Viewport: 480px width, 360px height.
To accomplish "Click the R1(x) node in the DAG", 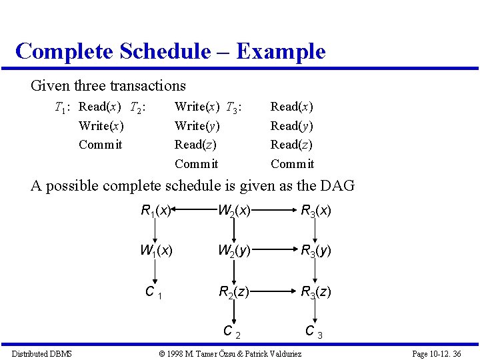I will [x=157, y=211].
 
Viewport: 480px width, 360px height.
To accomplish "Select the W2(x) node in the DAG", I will [x=234, y=211].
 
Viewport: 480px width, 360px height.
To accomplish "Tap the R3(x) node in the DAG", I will [x=315, y=211].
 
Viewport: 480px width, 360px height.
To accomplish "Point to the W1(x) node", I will [x=156, y=251].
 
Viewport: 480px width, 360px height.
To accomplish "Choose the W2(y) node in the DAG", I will [x=234, y=251].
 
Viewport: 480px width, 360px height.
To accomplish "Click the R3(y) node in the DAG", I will [x=315, y=251].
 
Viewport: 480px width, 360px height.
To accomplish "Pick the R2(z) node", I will [x=234, y=291].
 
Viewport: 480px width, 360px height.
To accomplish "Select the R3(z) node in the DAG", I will [x=315, y=291].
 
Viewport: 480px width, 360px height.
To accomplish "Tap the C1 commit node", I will [x=154, y=292].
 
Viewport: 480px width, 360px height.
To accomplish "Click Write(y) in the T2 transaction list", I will [x=197, y=125].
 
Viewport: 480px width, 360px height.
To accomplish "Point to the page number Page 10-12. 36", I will [x=437, y=353].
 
